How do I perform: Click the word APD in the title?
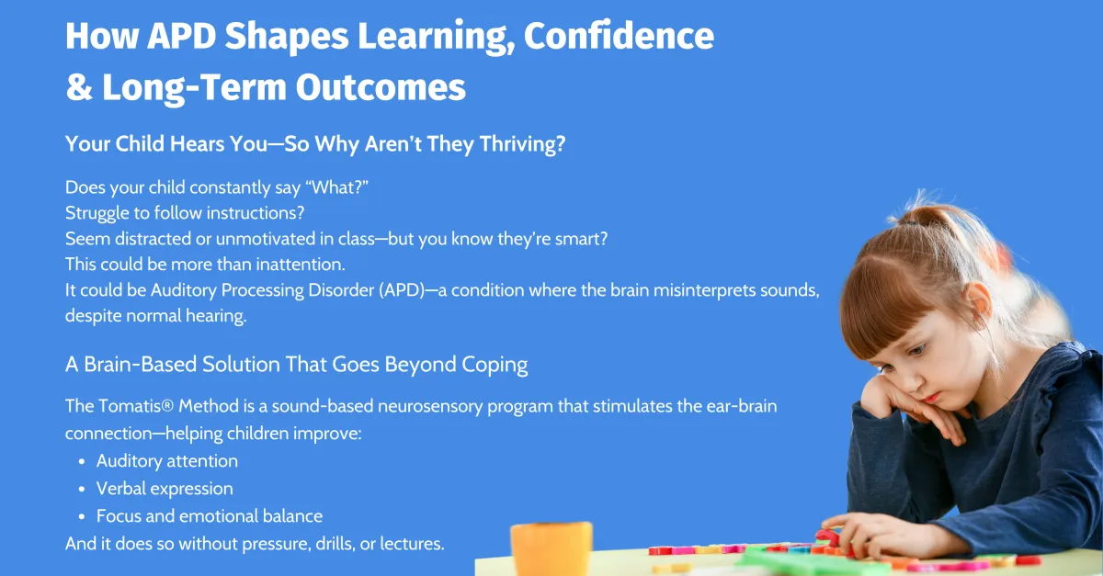(182, 36)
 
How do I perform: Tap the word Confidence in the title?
(619, 36)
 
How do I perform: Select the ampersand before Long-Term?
(79, 87)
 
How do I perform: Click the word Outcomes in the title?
(381, 87)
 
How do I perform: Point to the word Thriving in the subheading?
(522, 144)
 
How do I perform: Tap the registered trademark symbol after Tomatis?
(167, 406)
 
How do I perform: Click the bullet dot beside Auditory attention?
(82, 462)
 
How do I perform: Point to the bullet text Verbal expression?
(165, 489)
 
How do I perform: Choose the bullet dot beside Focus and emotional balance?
(82, 517)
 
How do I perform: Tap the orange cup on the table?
(551, 548)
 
